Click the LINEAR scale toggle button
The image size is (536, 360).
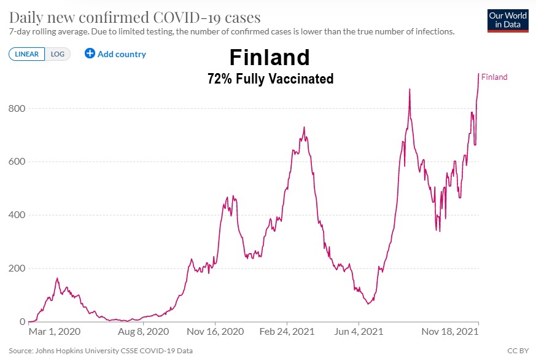26,54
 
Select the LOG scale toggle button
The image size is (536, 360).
56,54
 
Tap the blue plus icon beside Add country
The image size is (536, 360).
90,53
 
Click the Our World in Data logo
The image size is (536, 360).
507,20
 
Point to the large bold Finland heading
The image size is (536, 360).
270,58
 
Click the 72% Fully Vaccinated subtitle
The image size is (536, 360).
270,79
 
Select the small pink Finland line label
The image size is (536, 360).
494,77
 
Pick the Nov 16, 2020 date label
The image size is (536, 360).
216,332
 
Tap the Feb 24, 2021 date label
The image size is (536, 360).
287,332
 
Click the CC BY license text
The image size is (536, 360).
517,351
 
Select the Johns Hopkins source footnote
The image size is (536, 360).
101,351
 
